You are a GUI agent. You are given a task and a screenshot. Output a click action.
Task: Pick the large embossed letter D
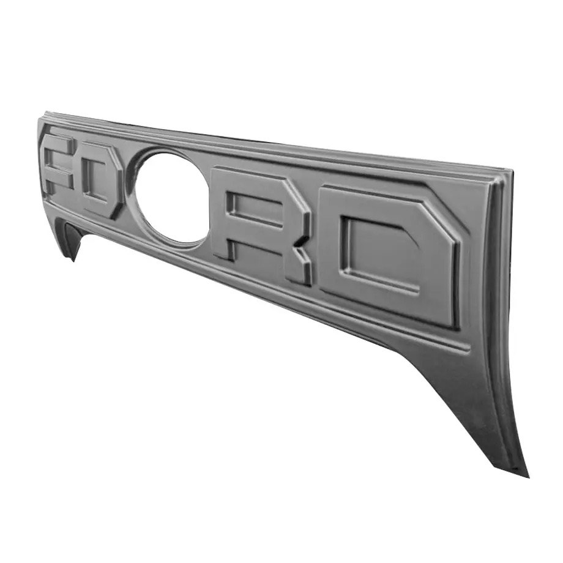pos(392,257)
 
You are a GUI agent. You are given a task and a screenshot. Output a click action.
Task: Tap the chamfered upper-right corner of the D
pos(444,220)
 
